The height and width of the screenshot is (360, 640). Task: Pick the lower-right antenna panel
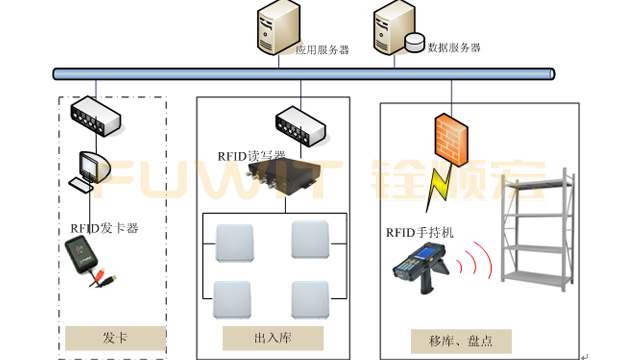coord(308,297)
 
